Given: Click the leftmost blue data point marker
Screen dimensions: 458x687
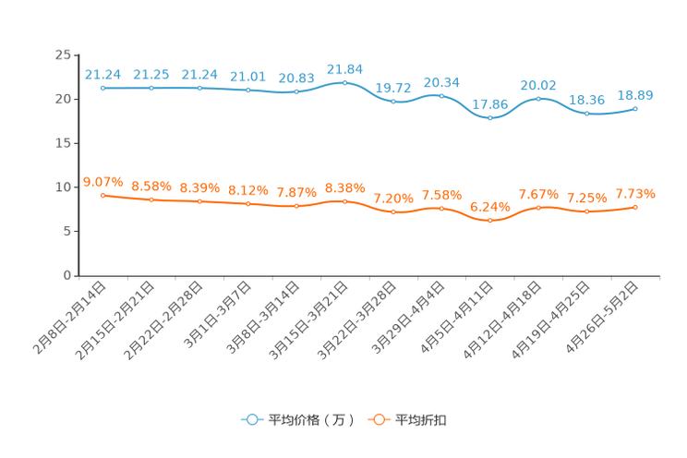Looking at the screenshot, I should pyautogui.click(x=103, y=88).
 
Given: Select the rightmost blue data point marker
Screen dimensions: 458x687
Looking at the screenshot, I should pyautogui.click(x=635, y=108).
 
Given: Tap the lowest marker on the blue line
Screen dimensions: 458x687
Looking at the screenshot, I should pyautogui.click(x=490, y=117).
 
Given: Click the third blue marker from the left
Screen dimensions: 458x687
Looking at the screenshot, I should pyautogui.click(x=200, y=88).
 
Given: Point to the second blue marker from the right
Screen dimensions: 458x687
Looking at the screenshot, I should pyautogui.click(x=587, y=113).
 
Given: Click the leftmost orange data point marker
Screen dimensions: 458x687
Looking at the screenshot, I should pyautogui.click(x=103, y=196).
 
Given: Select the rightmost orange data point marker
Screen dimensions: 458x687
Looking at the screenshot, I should pyautogui.click(x=635, y=207).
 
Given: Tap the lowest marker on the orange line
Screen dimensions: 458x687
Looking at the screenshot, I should pyautogui.click(x=490, y=219).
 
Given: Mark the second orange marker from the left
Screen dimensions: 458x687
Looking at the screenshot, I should pyautogui.click(x=151, y=199).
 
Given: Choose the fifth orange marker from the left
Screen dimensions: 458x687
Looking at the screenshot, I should pyautogui.click(x=296, y=205).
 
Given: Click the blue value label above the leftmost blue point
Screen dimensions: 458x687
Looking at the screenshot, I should pyautogui.click(x=103, y=74).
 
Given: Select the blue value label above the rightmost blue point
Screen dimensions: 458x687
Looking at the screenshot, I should pyautogui.click(x=635, y=94).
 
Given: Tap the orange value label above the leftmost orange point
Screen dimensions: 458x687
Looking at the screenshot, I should pyautogui.click(x=103, y=182).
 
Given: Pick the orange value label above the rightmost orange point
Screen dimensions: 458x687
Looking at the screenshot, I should pyautogui.click(x=635, y=194).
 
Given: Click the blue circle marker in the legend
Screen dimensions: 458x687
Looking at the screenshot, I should pyautogui.click(x=251, y=419).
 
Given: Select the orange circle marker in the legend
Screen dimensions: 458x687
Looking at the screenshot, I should pyautogui.click(x=378, y=419).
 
